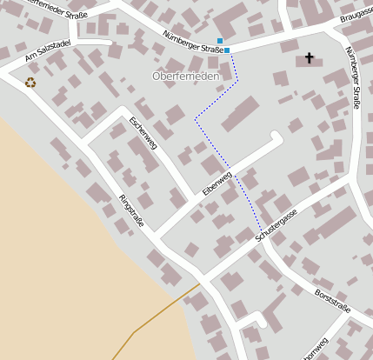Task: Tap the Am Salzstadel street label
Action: click(x=47, y=50)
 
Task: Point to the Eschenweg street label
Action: click(x=142, y=133)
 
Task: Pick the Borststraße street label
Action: click(x=332, y=300)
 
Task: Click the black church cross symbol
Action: click(x=309, y=58)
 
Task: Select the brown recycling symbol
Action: click(x=30, y=83)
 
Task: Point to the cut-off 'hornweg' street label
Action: click(x=310, y=349)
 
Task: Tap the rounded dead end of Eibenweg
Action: click(x=276, y=137)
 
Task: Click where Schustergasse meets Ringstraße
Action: click(x=205, y=278)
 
